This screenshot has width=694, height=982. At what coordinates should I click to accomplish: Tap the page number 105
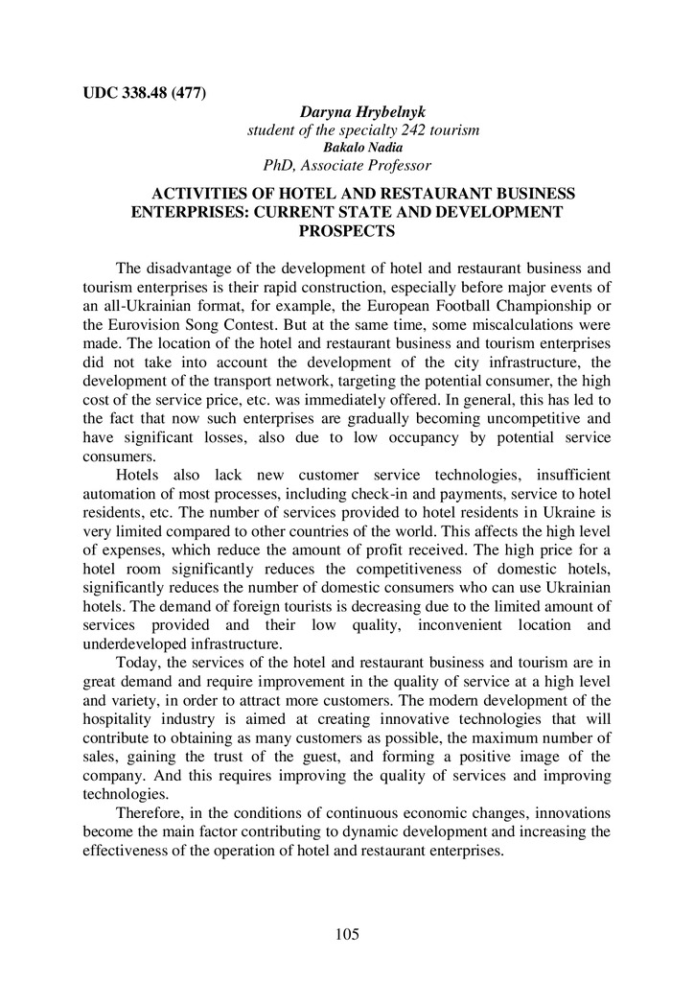point(346,934)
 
